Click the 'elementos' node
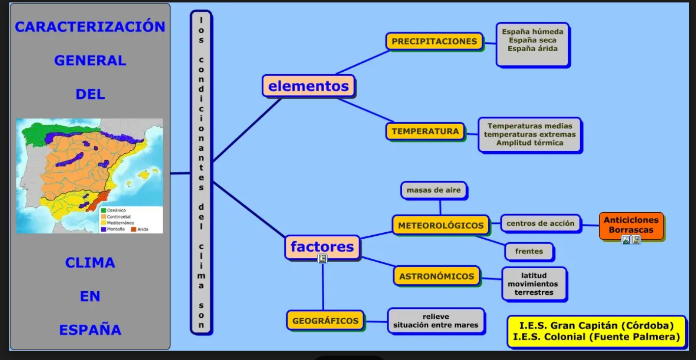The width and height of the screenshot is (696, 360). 308,86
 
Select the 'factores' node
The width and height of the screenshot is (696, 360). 322,247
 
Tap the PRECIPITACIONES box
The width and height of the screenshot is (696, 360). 434,42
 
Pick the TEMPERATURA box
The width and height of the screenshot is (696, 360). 425,132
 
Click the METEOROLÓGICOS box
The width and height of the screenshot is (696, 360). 441,225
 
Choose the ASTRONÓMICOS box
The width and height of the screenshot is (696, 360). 436,276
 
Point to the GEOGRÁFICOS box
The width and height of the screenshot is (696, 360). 325,321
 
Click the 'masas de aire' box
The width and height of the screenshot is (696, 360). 434,190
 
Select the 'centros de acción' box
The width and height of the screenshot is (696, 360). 540,223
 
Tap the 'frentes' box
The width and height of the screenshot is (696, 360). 529,251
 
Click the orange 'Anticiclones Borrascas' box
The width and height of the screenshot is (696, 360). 631,225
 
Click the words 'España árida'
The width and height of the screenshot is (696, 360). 532,49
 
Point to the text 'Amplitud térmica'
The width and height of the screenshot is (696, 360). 529,143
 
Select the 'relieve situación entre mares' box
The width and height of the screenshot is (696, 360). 436,321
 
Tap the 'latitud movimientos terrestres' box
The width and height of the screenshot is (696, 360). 533,284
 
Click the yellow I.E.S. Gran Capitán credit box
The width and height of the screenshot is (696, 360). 596,332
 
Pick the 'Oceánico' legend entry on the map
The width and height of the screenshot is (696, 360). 116,211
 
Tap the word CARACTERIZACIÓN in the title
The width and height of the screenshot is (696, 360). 90,27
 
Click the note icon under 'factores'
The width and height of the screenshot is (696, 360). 322,259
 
